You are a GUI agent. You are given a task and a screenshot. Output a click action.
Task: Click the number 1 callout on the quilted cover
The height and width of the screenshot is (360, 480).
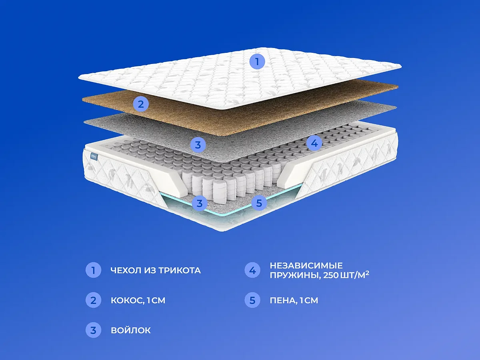[257, 62]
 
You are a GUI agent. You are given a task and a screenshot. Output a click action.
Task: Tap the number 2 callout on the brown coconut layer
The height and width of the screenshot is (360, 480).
[141, 104]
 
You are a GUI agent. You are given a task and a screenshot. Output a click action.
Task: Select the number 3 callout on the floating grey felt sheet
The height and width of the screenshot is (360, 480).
[198, 145]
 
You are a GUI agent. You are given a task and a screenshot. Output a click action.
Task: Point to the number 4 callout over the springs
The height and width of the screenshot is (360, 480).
[314, 143]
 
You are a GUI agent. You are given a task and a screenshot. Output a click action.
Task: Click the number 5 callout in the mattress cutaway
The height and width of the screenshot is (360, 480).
[259, 203]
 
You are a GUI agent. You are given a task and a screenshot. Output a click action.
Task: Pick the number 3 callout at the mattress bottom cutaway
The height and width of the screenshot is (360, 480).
[200, 203]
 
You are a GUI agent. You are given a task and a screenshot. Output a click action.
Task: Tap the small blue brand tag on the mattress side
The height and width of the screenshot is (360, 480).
[94, 157]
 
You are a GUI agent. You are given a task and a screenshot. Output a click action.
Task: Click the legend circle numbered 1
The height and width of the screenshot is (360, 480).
[93, 270]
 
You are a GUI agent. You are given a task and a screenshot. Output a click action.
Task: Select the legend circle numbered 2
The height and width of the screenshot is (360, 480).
[93, 300]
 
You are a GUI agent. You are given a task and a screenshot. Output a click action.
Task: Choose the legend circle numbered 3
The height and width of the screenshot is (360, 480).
[93, 330]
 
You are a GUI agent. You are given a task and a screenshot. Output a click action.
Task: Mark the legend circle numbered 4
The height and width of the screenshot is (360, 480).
[252, 270]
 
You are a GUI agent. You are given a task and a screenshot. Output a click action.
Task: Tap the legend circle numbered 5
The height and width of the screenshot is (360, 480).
[252, 300]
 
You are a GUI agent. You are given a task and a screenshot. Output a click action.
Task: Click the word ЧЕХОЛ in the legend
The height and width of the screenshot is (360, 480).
[126, 271]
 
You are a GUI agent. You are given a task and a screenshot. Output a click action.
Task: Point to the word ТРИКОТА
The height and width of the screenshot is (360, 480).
[180, 271]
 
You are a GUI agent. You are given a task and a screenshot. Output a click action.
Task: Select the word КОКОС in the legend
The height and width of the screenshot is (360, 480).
[127, 301]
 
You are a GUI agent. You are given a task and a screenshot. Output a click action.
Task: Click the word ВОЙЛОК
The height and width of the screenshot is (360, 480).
[131, 330]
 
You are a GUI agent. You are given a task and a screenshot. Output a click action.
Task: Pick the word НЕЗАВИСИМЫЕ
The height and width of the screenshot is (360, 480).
[306, 266]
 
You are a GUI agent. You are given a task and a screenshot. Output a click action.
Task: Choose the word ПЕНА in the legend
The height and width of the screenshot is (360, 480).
[283, 301]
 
